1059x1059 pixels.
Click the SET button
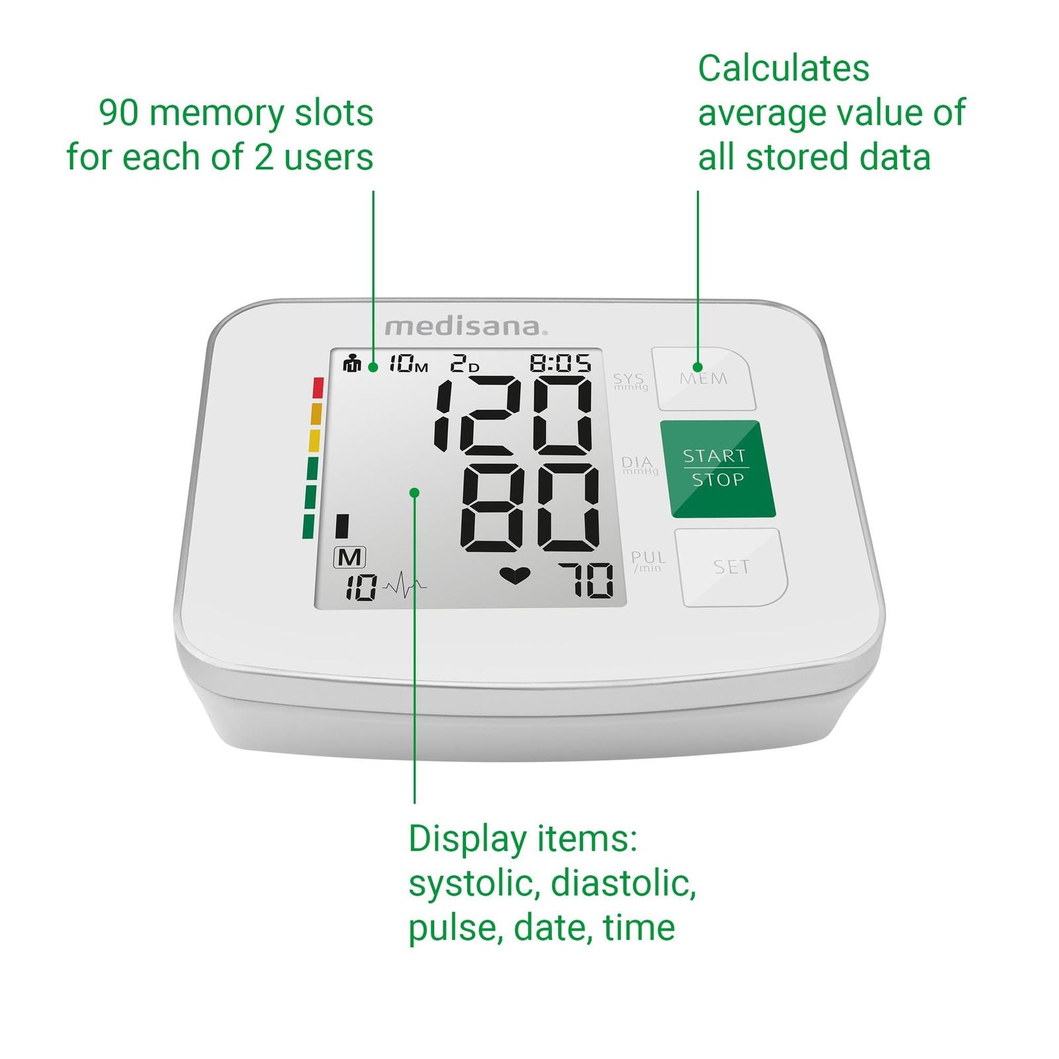[x=731, y=567]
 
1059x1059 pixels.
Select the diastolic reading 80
[x=530, y=508]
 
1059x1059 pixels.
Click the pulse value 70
[x=586, y=580]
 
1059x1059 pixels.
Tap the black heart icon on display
[x=515, y=576]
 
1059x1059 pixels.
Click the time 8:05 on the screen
[x=561, y=363]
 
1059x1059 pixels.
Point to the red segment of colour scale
[x=318, y=388]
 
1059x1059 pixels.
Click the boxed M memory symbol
[x=349, y=557]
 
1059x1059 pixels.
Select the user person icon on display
[x=352, y=363]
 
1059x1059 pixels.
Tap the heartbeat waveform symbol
[x=404, y=586]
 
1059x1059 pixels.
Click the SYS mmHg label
[x=629, y=381]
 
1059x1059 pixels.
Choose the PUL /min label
[x=648, y=561]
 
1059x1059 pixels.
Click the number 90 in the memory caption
[x=119, y=113]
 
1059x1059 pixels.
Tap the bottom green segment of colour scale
[x=308, y=527]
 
